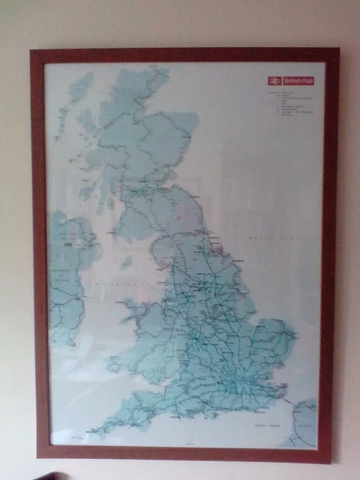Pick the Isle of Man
coord(127,262)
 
